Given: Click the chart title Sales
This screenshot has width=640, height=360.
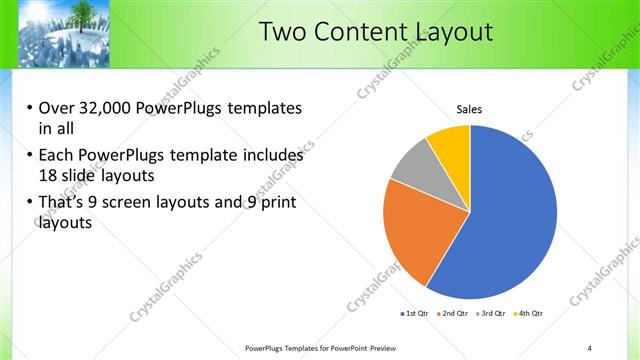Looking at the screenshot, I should (470, 109).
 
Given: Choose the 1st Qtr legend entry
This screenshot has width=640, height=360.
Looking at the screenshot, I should (417, 314).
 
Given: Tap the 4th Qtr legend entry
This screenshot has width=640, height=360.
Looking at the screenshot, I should (531, 314).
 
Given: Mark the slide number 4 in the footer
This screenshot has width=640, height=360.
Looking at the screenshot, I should (590, 347).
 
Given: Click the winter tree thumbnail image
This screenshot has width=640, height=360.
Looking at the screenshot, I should (59, 33).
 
